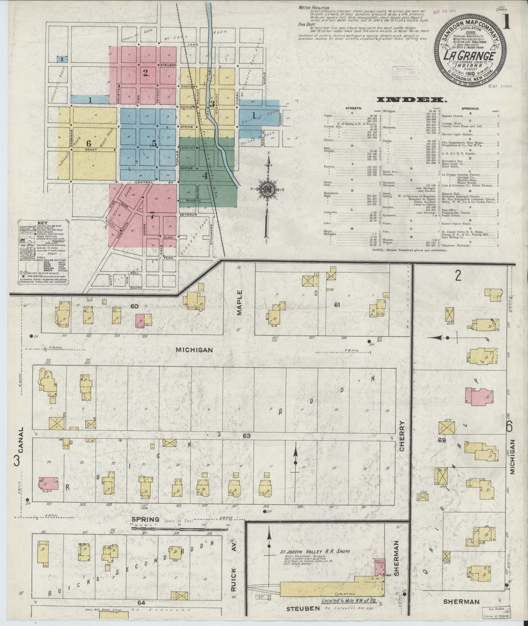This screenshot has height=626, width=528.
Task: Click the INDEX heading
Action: pos(410,100)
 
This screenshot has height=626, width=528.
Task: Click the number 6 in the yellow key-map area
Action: pos(89,143)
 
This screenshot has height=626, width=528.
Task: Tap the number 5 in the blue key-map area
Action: pos(154,144)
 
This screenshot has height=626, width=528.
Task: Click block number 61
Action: pos(337,304)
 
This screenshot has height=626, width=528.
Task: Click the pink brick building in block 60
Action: pos(140,320)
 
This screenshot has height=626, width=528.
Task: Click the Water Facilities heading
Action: pos(314,7)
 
